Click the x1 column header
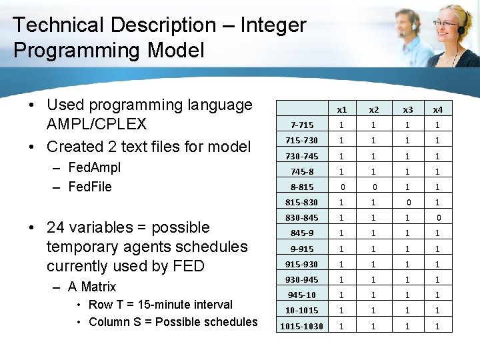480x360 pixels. [x=341, y=109]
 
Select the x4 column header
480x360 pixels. [x=438, y=109]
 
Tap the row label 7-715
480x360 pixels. [x=302, y=125]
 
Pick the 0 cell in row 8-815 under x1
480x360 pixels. [x=341, y=187]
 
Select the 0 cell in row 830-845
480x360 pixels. [x=438, y=217]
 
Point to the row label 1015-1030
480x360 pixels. [x=302, y=326]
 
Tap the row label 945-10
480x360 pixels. [x=302, y=295]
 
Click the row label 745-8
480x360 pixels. [x=302, y=171]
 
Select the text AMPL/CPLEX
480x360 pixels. [x=97, y=125]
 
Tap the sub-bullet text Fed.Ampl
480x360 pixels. [x=95, y=167]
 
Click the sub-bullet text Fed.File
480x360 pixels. [x=90, y=186]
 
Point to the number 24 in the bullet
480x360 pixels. [x=55, y=227]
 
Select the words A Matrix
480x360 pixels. [x=92, y=287]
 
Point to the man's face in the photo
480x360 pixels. [x=404, y=25]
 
